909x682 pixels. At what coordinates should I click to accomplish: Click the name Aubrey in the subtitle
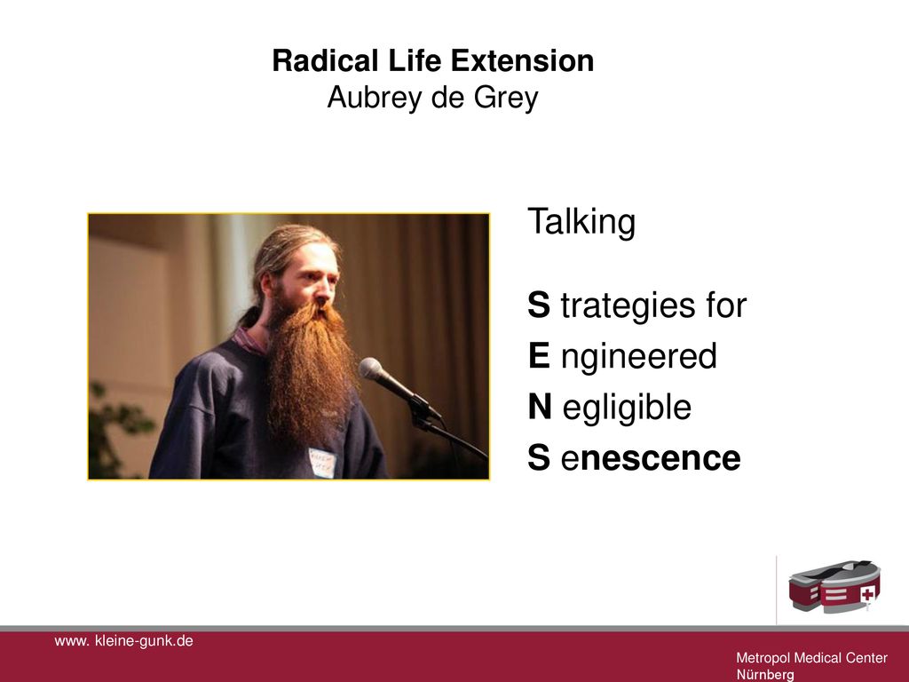coord(375,98)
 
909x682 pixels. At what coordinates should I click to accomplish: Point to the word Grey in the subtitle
coord(506,98)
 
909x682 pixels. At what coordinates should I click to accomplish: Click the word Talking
coord(581,222)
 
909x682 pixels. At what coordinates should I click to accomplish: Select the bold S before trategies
coord(539,305)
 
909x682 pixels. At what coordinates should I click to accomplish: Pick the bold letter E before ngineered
coord(539,355)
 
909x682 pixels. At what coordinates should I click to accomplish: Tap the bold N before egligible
coord(540,406)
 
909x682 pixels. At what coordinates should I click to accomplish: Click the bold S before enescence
coord(539,457)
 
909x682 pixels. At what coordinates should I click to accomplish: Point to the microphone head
coord(372,369)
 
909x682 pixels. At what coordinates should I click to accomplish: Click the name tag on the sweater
coord(322,462)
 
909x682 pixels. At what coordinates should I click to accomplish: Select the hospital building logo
coord(834,586)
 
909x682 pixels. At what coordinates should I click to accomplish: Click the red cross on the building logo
coord(866,594)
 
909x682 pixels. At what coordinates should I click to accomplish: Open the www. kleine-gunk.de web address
coord(123,641)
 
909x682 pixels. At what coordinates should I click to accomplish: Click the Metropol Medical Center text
coord(811,658)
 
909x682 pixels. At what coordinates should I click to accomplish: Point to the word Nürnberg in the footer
coord(765,675)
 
